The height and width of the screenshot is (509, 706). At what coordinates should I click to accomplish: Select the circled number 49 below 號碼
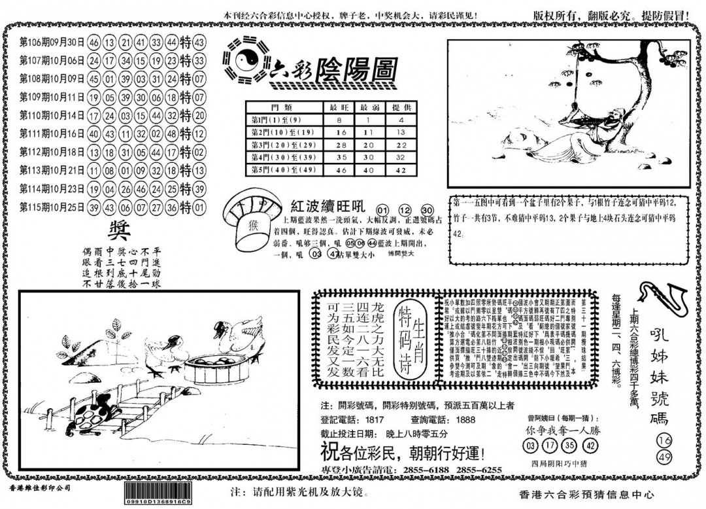664,455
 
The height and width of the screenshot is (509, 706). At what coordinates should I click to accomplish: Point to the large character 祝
328,451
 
